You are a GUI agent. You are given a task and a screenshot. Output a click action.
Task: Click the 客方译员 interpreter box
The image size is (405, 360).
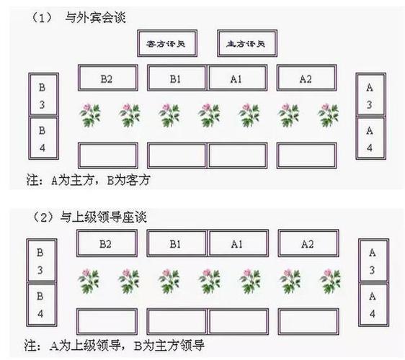coord(165,44)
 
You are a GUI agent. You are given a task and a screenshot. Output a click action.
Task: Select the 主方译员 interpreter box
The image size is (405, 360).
coord(246,44)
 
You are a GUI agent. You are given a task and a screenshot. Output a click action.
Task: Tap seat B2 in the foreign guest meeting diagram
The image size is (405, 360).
coord(107,78)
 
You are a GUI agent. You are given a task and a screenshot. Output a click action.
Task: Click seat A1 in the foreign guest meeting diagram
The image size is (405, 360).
coord(237,78)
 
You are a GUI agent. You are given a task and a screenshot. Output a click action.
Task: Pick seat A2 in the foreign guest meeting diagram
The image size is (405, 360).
coord(306,78)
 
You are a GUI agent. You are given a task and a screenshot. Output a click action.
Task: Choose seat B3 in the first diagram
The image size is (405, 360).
coord(43,95)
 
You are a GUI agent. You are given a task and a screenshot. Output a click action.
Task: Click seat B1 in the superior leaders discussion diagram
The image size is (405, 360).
coord(176,243)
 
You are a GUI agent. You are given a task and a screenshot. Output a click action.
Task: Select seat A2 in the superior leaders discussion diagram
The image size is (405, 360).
coord(307,243)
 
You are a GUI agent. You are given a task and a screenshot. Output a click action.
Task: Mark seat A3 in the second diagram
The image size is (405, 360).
coord(371,261)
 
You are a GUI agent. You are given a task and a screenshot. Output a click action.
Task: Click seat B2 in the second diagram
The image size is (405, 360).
coord(107,243)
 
